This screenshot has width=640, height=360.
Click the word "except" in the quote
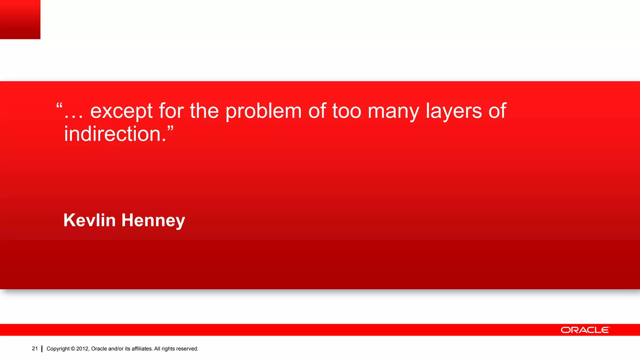[x=121, y=111]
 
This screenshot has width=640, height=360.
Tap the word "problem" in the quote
[x=263, y=111]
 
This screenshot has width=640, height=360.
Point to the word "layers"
[x=454, y=111]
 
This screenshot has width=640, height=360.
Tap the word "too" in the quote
[x=347, y=111]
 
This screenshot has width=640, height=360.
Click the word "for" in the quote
[x=171, y=111]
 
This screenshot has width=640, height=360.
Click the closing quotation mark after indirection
[x=170, y=128]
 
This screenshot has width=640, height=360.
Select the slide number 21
[x=35, y=348]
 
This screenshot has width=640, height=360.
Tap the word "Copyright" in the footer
[x=58, y=349]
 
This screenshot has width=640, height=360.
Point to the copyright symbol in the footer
[x=73, y=349]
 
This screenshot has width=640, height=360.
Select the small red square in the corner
[x=20, y=19]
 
